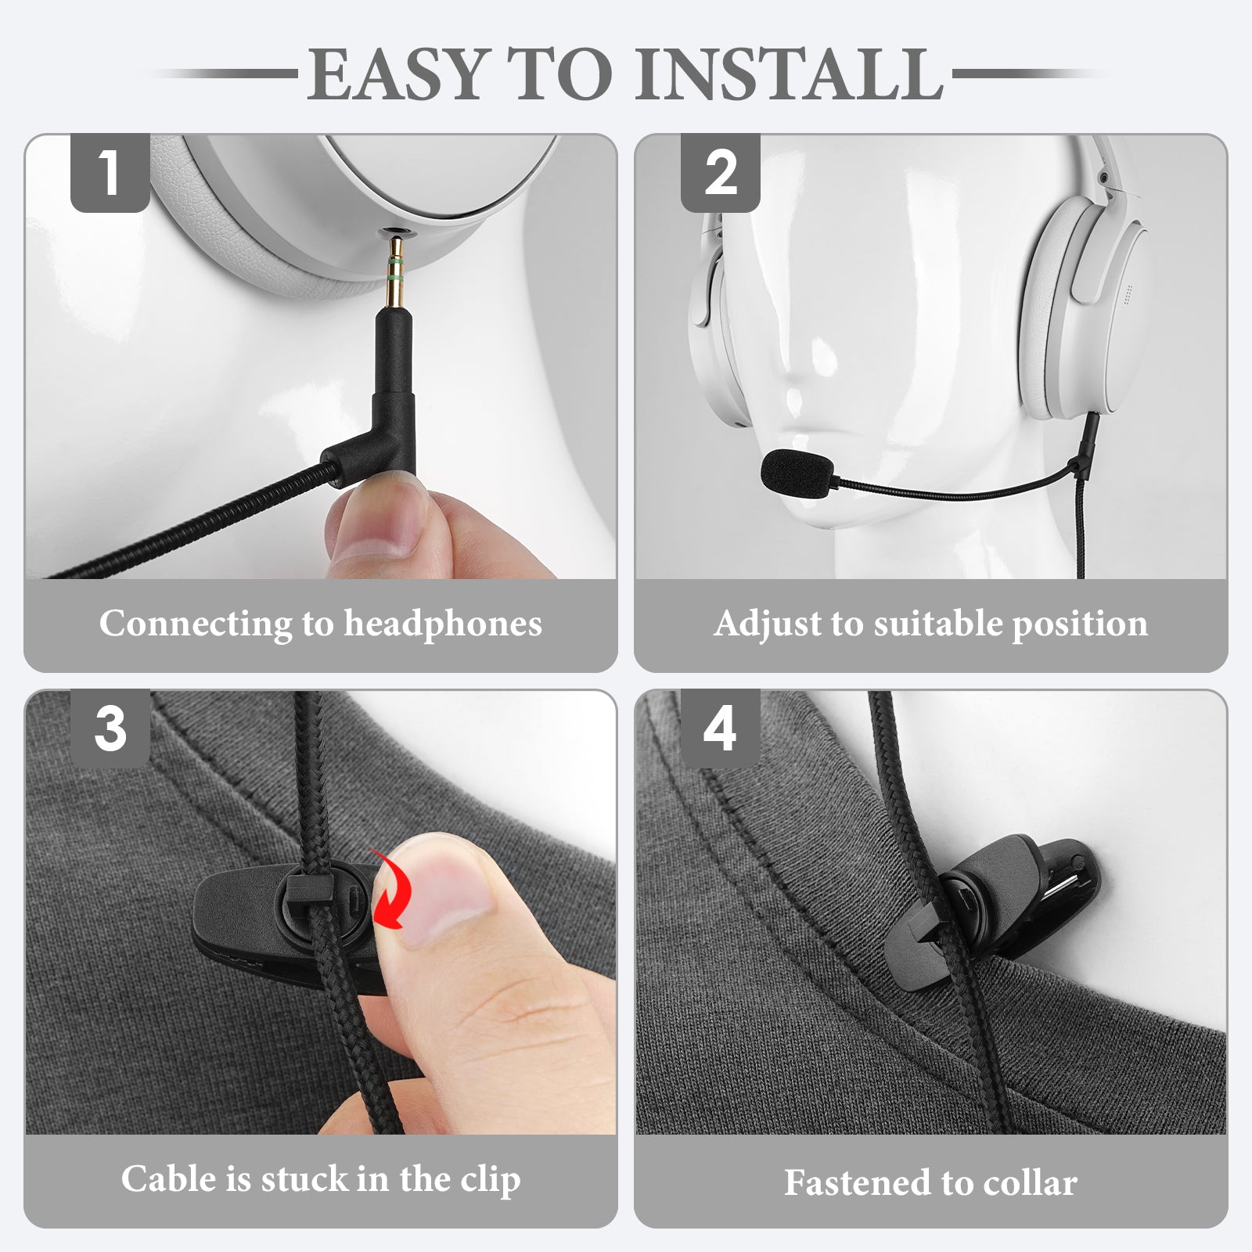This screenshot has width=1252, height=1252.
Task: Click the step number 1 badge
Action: pos(110,173)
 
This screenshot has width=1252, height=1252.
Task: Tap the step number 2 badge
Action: pos(720,173)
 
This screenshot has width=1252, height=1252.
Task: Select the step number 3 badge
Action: pos(110,729)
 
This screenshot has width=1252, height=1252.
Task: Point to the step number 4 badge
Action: pos(720,729)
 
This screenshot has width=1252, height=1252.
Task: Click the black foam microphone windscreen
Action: pos(797,471)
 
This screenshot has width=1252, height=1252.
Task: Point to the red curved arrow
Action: pos(390,890)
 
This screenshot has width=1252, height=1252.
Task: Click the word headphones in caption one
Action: pos(443,624)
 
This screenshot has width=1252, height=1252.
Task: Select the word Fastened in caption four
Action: pos(856,1182)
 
